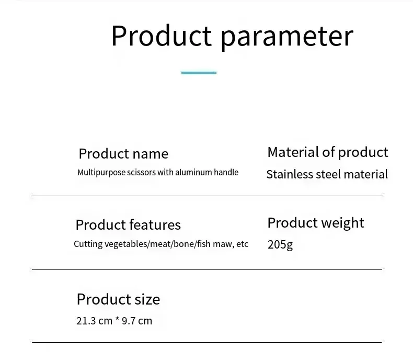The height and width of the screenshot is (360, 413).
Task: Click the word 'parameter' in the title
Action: tap(287, 37)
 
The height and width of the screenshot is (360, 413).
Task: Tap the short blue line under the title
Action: tap(199, 73)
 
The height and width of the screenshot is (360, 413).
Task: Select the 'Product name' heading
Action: tap(123, 153)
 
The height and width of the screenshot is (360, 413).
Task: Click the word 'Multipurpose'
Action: tap(101, 173)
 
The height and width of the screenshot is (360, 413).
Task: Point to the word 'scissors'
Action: tap(142, 172)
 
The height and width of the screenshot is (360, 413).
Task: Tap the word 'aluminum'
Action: tap(193, 172)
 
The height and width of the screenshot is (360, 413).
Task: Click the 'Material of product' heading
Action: tap(328, 153)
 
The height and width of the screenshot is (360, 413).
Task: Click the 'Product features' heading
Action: tap(128, 225)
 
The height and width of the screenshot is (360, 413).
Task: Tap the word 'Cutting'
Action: tap(88, 244)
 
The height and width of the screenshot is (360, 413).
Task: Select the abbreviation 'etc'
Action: tap(243, 244)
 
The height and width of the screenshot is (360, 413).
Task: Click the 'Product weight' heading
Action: tap(316, 223)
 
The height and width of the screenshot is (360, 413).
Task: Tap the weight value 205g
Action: tap(280, 245)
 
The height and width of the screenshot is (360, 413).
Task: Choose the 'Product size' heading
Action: tap(118, 299)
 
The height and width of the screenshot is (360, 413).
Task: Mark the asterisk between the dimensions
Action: tap(117, 319)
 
